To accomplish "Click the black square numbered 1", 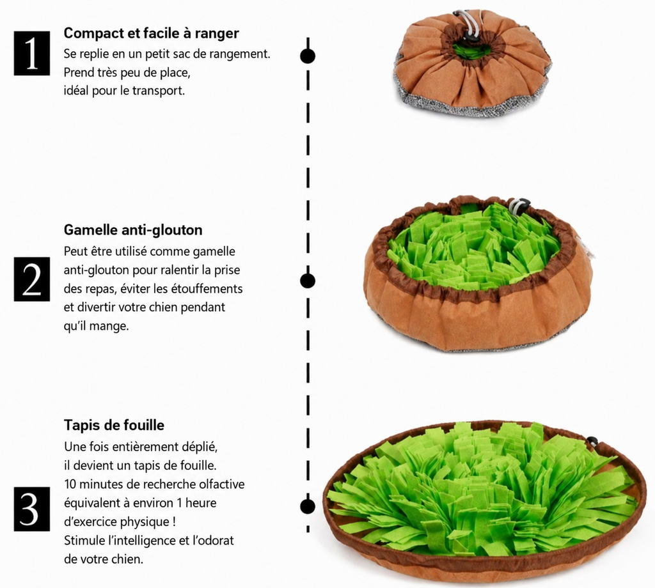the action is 32,53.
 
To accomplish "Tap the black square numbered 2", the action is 32,279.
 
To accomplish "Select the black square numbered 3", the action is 32,509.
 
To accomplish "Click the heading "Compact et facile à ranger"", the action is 151,33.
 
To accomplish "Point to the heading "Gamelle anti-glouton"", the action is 133,229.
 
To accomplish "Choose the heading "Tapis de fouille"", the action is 114,425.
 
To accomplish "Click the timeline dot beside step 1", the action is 308,56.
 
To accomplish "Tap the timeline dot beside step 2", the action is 308,281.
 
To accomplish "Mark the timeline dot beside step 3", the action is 308,506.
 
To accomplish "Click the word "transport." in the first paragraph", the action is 159,91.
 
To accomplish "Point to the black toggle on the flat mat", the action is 592,440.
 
